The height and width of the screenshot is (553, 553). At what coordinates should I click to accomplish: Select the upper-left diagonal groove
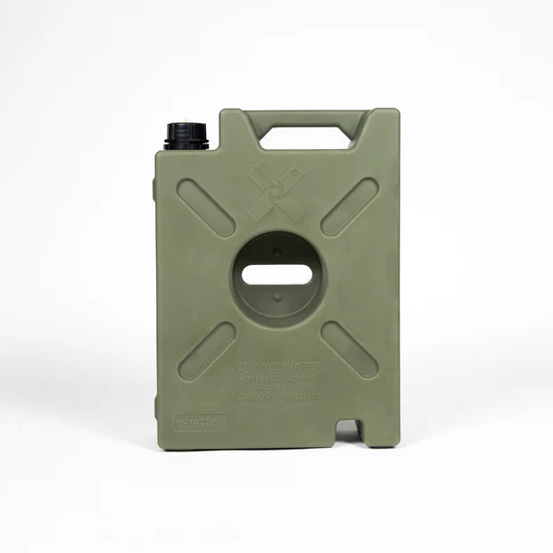click(206, 208)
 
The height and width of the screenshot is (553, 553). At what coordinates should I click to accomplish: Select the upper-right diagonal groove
click(349, 207)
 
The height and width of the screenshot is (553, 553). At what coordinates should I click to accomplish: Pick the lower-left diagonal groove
click(207, 351)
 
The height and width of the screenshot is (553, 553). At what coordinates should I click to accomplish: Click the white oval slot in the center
click(277, 274)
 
